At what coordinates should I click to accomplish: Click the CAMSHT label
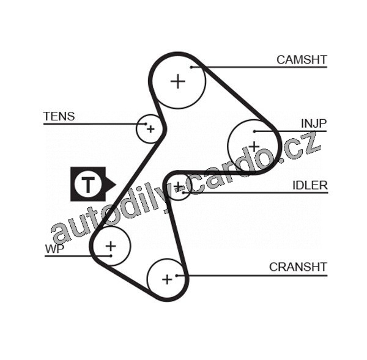302,60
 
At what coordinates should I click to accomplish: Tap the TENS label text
59,116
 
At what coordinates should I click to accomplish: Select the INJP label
314,123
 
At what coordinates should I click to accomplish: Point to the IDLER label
310,185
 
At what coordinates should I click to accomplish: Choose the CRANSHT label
298,267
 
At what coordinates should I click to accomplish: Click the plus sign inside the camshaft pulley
178,81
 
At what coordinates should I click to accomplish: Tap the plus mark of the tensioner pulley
150,129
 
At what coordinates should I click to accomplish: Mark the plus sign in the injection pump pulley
253,147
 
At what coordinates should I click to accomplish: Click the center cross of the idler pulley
178,186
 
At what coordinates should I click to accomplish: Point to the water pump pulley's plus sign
111,246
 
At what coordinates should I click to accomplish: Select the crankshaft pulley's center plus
167,279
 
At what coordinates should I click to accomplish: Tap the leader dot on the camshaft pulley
191,67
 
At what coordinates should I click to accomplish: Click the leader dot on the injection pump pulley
254,131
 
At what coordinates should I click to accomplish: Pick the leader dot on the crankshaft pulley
177,275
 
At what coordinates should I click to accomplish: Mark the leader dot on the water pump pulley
109,255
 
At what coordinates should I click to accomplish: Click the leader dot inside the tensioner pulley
146,124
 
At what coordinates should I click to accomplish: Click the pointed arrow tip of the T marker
115,183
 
